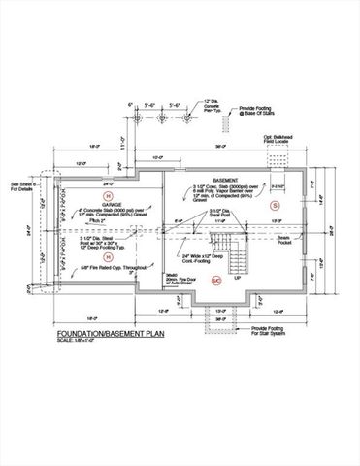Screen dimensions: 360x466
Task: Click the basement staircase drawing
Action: pyautogui.click(x=239, y=254)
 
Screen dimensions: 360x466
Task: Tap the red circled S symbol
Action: pyautogui.click(x=274, y=207)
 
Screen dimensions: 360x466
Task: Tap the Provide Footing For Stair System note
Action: pyautogui.click(x=276, y=331)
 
